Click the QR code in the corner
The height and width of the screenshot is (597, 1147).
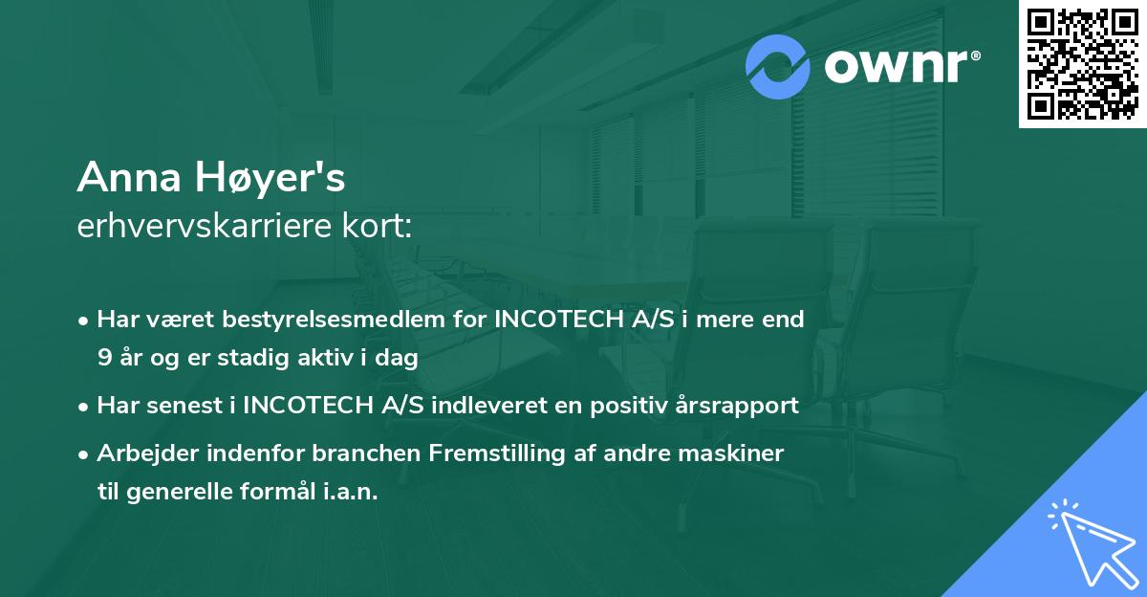coord(1082,64)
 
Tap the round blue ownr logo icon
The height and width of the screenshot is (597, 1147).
coord(778,67)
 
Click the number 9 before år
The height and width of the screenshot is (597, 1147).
coord(103,358)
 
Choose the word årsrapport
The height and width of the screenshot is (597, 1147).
coord(737,405)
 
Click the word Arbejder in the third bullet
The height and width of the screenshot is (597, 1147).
coord(143,453)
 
